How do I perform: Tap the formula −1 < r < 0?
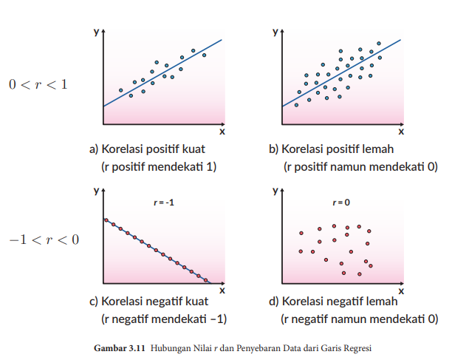[x=44, y=240]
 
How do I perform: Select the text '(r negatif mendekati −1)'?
[x=163, y=319]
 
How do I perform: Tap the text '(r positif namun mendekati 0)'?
[x=360, y=167]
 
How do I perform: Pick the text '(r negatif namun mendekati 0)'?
[x=360, y=319]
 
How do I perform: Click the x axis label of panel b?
[x=401, y=131]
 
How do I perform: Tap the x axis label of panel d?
[x=401, y=290]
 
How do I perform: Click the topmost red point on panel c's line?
[x=106, y=220]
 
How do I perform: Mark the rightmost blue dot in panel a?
[x=204, y=55]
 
